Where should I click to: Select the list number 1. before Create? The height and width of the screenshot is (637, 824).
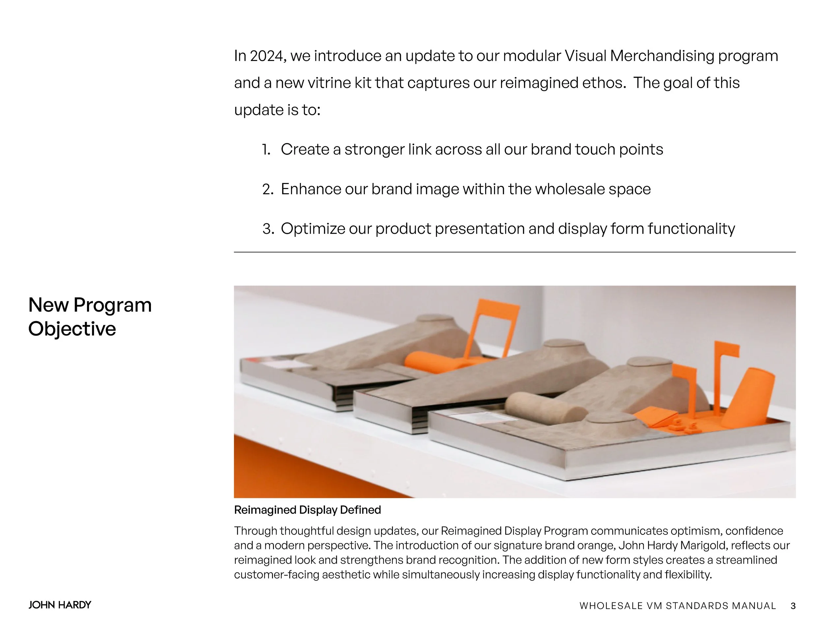(266, 150)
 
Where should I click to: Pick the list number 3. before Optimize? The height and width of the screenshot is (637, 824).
(268, 229)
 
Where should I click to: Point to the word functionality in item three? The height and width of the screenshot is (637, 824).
(691, 229)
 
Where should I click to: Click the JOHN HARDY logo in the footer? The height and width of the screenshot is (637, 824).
(60, 605)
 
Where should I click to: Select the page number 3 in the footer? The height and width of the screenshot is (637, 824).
(793, 606)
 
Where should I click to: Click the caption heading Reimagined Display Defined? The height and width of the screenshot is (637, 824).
(308, 510)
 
